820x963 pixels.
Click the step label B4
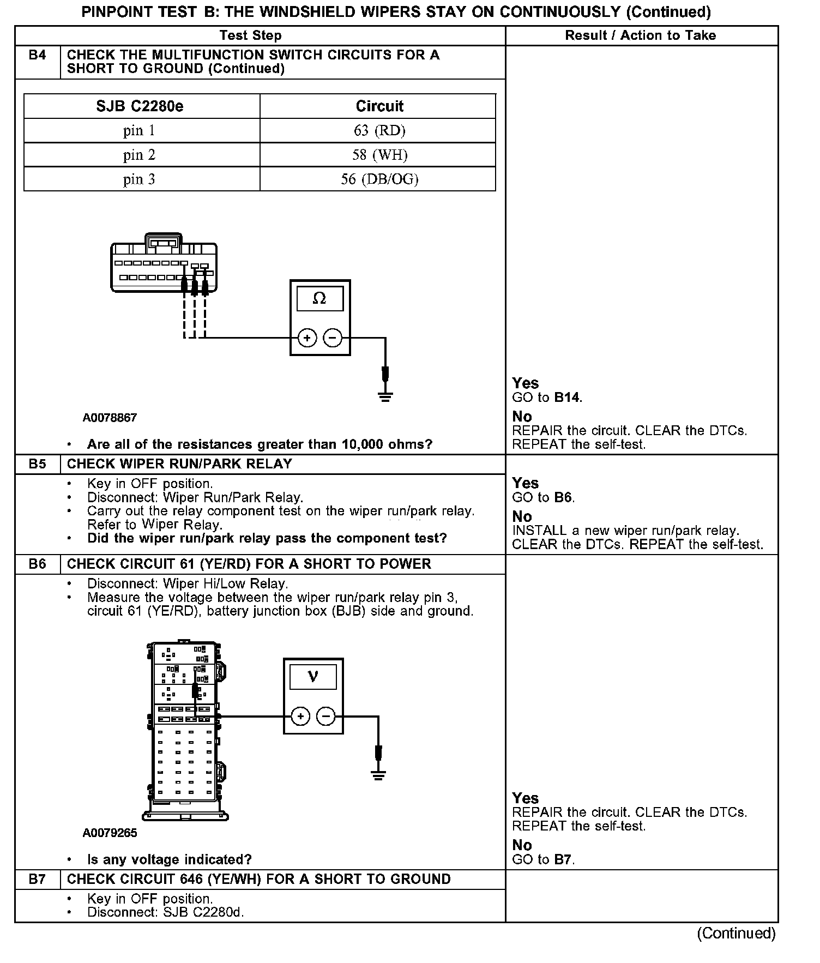pyautogui.click(x=37, y=55)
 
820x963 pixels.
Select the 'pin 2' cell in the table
pyautogui.click(x=139, y=155)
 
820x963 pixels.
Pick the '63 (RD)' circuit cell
pyautogui.click(x=379, y=130)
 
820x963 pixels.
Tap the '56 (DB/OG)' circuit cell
pyautogui.click(x=379, y=179)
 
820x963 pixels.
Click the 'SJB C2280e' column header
pyautogui.click(x=140, y=106)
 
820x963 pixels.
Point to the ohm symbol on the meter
pyautogui.click(x=319, y=298)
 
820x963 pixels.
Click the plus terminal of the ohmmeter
pyautogui.click(x=307, y=338)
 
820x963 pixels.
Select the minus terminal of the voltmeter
pyautogui.click(x=326, y=716)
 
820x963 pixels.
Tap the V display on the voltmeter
pyautogui.click(x=313, y=677)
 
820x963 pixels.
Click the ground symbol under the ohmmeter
pyautogui.click(x=385, y=396)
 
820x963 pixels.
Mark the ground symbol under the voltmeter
pyautogui.click(x=378, y=774)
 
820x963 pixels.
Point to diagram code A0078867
pyautogui.click(x=110, y=418)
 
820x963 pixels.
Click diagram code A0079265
pyautogui.click(x=110, y=833)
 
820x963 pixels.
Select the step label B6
pyautogui.click(x=37, y=564)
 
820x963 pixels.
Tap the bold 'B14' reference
pyautogui.click(x=567, y=398)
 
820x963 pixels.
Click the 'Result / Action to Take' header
pyautogui.click(x=640, y=35)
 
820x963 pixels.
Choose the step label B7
pyautogui.click(x=37, y=879)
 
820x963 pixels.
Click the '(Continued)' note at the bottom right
pyautogui.click(x=735, y=934)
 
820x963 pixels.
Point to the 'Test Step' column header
pyautogui.click(x=250, y=35)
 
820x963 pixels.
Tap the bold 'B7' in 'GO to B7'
pyautogui.click(x=563, y=860)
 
